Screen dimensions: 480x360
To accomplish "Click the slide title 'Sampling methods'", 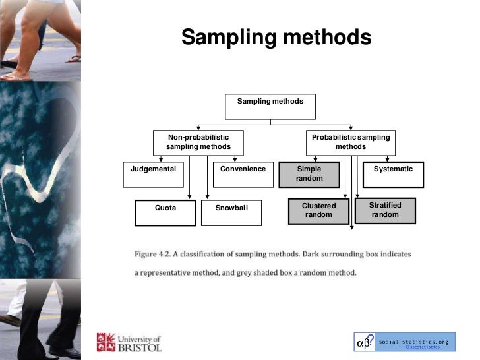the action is (276, 37).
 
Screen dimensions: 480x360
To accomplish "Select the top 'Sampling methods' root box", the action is (270, 106).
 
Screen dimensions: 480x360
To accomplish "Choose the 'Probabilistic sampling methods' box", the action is (350, 142).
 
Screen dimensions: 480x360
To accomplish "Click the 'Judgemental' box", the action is (154, 174).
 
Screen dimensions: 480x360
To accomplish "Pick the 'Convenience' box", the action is (243, 174).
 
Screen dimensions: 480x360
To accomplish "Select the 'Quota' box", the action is (165, 212).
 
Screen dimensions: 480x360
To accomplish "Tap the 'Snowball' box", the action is (231, 212).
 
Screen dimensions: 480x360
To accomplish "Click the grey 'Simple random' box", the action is (309, 174).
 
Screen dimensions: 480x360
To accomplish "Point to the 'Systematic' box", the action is (393, 174).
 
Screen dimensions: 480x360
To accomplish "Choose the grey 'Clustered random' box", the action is (319, 210).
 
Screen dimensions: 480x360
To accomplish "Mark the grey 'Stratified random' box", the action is (385, 210).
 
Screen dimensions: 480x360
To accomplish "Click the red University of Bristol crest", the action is (105, 342).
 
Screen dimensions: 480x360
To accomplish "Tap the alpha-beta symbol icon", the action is (365, 343).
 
